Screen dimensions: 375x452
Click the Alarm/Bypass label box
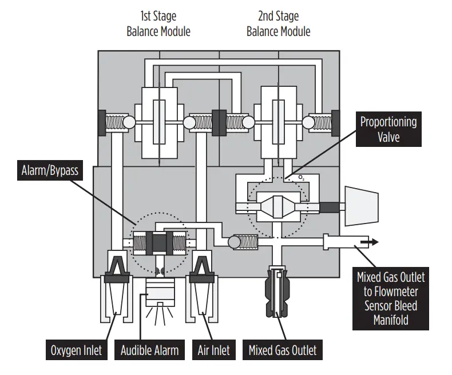click(49, 171)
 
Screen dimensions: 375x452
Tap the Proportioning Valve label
click(388, 129)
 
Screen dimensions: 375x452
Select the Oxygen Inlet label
click(76, 350)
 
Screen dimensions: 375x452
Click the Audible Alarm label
click(150, 350)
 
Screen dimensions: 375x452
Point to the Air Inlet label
click(213, 350)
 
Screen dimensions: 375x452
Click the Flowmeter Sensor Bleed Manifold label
click(391, 298)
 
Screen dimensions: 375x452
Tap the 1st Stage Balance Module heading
click(158, 23)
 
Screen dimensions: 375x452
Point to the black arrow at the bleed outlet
click(371, 242)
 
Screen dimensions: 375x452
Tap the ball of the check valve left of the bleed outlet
click(234, 242)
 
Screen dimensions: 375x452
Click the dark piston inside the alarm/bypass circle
click(160, 243)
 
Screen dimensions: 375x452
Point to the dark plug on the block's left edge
click(102, 122)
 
